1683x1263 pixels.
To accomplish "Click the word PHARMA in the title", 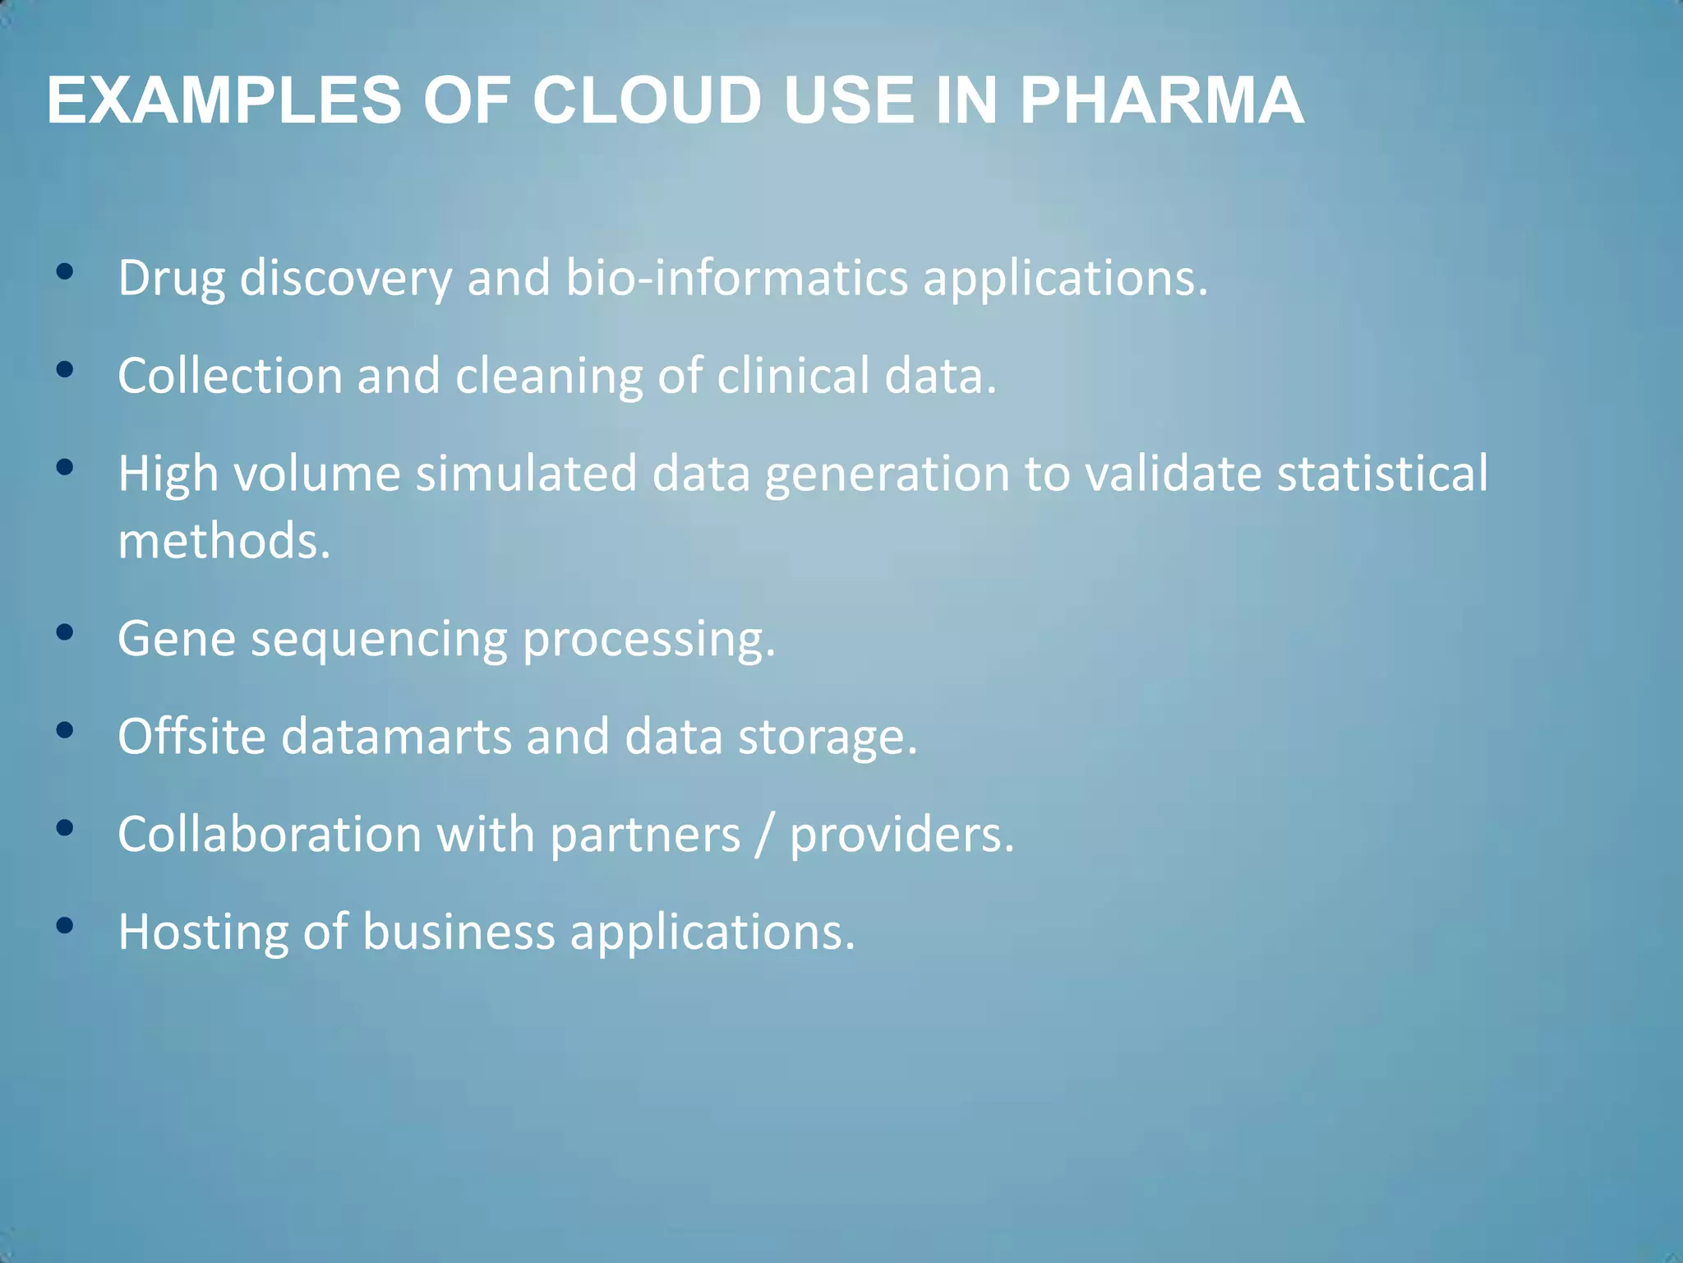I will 1160,101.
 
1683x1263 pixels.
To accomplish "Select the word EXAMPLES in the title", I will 224,101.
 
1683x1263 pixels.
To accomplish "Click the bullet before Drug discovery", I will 65,271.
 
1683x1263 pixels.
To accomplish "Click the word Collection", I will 229,376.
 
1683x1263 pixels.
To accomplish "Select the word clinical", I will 792,376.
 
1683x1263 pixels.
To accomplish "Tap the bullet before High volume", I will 65,468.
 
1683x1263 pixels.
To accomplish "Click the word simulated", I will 526,474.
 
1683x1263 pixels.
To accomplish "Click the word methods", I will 223,542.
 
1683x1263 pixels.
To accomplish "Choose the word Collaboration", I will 270,835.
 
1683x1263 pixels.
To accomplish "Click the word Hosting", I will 202,933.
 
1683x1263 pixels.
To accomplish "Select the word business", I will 459,932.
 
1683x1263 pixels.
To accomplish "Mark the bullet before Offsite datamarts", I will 65,730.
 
